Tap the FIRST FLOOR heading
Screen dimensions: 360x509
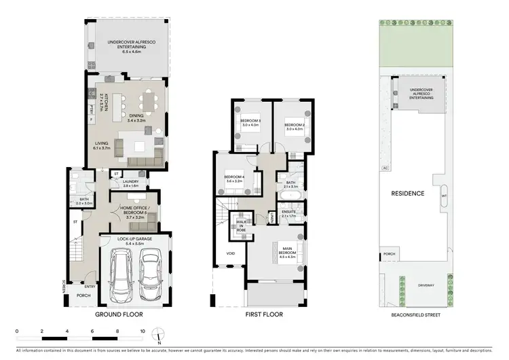[x=264, y=314]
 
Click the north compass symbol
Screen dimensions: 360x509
[x=158, y=334]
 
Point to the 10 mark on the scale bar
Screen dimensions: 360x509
[x=143, y=331]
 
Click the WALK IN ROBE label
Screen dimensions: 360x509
[x=240, y=226]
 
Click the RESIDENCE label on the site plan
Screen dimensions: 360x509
[x=407, y=194]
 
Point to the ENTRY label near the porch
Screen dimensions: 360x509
[x=90, y=287]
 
